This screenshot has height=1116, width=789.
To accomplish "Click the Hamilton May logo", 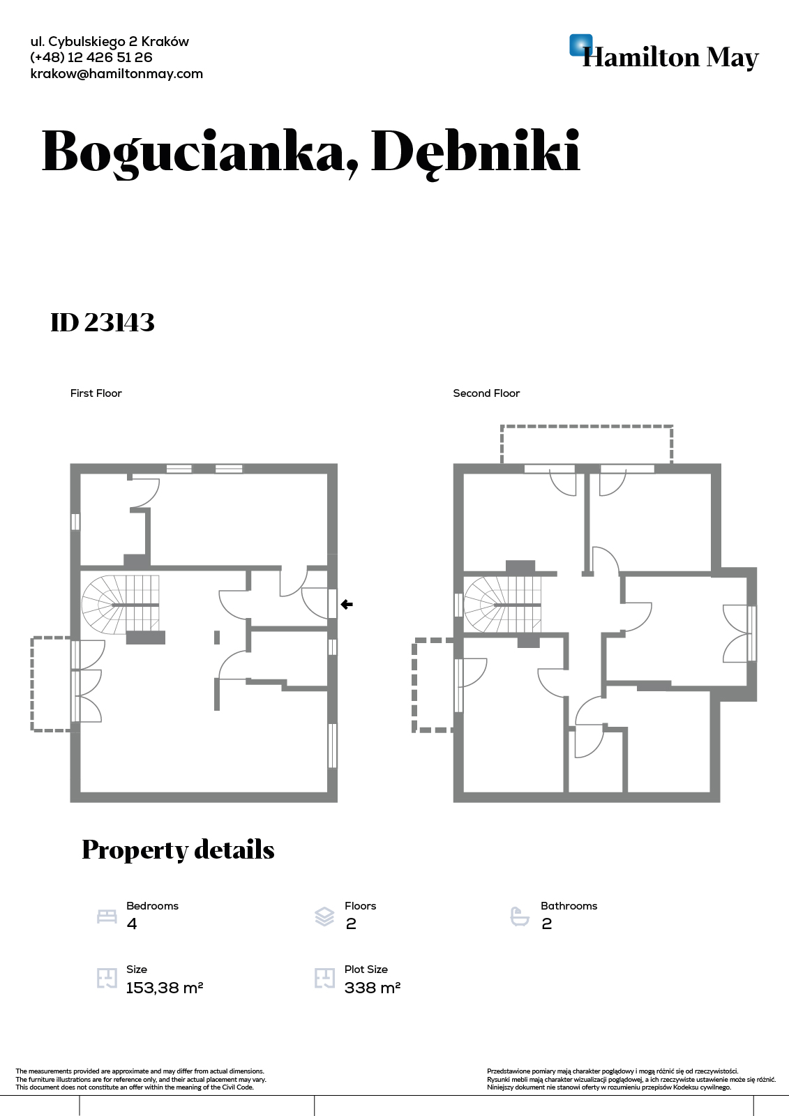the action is (664, 52).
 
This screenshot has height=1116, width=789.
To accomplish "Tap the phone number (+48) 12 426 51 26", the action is (91, 57).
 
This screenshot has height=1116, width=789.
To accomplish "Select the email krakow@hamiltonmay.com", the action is (117, 74).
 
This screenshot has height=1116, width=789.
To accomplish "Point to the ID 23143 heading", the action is (103, 322).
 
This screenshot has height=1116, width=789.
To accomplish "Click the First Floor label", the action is (96, 393).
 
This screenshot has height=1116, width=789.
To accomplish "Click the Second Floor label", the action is (486, 393).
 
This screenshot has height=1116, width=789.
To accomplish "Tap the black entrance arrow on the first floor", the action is (347, 604).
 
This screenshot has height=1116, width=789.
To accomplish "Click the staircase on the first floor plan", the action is (121, 605).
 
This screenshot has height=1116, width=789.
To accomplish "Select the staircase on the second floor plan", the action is (502, 605).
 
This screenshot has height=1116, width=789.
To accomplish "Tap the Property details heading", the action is (178, 850).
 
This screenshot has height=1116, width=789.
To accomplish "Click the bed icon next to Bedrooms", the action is (107, 917).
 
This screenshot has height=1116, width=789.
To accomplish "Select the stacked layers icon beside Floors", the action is (324, 917).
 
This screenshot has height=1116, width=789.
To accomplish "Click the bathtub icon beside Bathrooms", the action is (520, 917).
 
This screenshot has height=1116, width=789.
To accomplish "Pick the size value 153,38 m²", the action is (165, 988).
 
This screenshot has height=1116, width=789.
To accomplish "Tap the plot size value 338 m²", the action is (373, 988).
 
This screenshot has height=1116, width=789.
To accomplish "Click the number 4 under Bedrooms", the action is (132, 923).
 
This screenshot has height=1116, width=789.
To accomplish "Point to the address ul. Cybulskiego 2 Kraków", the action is (110, 42).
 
